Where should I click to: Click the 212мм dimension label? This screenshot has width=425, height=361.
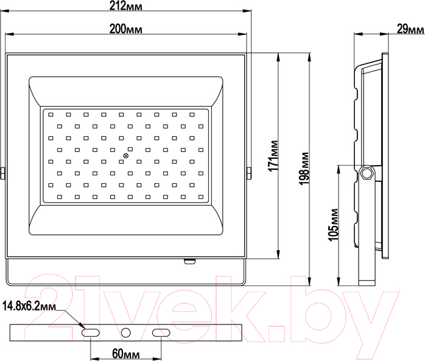point(126,5)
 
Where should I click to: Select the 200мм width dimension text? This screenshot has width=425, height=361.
point(126,29)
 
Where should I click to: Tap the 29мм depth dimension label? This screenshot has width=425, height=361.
point(410,29)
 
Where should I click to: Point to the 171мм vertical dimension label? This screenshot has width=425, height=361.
point(273,156)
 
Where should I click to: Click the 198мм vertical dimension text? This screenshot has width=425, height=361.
point(304,169)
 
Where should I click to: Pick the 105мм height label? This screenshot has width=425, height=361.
point(333,225)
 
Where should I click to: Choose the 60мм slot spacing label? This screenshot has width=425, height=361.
point(126,354)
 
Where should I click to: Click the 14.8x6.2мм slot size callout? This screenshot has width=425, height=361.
point(29,306)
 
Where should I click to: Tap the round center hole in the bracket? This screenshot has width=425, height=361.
point(126,332)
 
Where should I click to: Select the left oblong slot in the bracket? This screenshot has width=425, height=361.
point(91,332)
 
